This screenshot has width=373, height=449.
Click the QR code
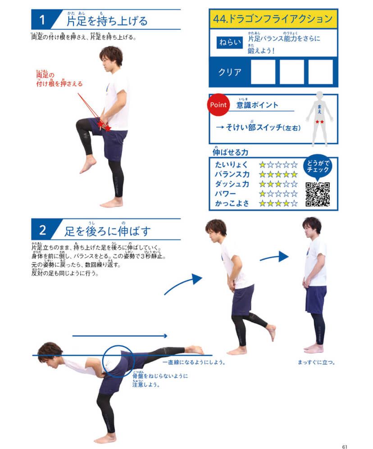tap(318, 194)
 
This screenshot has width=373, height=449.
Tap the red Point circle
tap(218, 105)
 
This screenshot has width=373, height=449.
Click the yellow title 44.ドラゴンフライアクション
tap(273, 19)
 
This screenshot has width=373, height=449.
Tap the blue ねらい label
tap(230, 42)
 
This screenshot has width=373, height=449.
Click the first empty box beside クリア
tap(263, 72)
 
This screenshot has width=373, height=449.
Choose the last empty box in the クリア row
tap(321, 72)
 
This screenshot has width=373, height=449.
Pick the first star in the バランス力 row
tap(262, 174)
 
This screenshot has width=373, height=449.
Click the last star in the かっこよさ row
tap(294, 204)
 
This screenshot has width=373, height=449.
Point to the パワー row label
tap(225, 194)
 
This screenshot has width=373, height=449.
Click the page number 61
tap(345, 446)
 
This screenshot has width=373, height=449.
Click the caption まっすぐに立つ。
tap(316, 362)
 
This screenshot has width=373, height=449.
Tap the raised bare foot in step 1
tap(88, 166)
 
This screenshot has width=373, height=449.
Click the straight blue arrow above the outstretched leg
tap(120, 336)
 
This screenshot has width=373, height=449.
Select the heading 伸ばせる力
tap(230, 152)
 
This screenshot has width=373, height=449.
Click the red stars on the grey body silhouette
tap(320, 122)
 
